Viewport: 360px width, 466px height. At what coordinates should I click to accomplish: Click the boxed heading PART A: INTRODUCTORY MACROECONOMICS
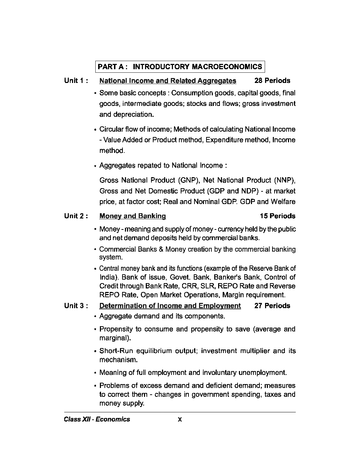[180, 67]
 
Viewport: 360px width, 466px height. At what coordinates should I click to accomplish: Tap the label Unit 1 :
[76, 80]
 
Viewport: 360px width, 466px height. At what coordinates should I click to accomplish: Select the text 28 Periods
[272, 80]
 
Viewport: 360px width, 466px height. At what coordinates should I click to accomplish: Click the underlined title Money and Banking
[132, 216]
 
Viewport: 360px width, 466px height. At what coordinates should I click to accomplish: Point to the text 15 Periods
[277, 216]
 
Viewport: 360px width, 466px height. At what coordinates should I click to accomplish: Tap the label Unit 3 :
[76, 306]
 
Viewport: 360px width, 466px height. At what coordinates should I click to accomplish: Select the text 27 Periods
[272, 306]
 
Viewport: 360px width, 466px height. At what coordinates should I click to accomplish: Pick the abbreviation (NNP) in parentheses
[284, 180]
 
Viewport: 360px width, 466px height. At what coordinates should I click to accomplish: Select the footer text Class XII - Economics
[97, 419]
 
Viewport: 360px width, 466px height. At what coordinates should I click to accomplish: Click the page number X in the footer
[180, 419]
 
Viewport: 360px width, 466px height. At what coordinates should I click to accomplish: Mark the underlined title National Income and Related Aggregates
[168, 81]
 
